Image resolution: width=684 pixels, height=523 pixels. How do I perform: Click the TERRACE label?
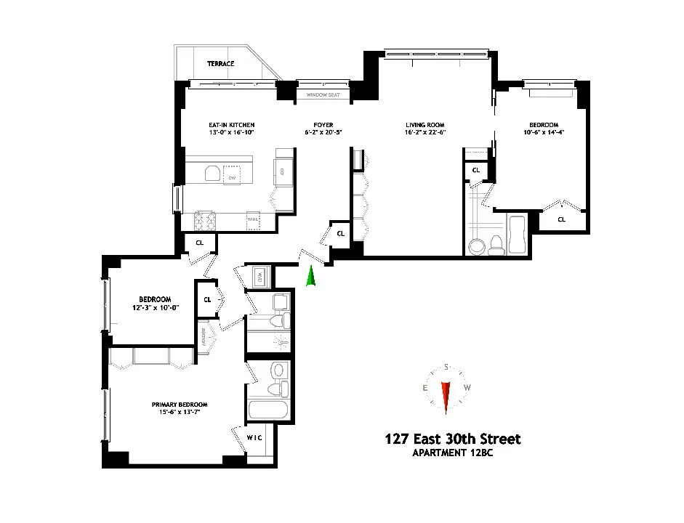(220, 64)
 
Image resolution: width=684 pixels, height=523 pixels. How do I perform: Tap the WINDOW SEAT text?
(321, 94)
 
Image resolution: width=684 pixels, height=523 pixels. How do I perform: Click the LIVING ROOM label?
(425, 125)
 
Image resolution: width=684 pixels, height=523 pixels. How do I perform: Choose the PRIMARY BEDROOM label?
(180, 405)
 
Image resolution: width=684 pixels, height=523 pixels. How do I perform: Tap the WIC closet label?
(254, 437)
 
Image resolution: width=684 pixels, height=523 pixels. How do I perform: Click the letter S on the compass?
(446, 367)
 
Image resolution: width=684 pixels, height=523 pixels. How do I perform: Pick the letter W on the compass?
(467, 388)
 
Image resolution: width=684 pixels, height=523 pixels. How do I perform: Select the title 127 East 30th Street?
(453, 439)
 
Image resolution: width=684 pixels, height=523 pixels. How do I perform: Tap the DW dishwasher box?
(232, 177)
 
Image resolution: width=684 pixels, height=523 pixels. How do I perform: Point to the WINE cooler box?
(253, 218)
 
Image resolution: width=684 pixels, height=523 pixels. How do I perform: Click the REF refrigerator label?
(282, 171)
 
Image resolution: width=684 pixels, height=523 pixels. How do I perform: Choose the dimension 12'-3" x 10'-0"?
(155, 308)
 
